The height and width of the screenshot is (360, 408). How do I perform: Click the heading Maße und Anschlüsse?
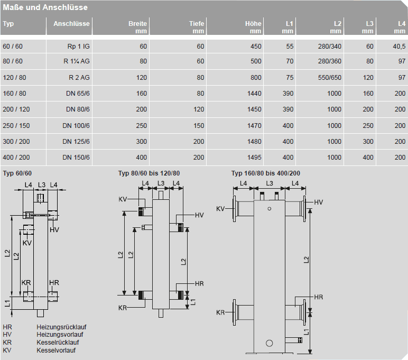coord(45,8)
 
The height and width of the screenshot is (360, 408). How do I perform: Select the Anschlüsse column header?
coord(71,24)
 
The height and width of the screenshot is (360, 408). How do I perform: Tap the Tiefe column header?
coord(197,24)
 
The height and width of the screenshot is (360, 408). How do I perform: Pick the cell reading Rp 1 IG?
coord(78,47)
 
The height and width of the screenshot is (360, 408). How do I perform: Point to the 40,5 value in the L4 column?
coord(399,47)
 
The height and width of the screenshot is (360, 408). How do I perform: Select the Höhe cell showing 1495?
coord(253,157)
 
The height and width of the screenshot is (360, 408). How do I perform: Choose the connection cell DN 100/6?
coord(76,125)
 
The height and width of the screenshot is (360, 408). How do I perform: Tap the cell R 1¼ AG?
coord(76,61)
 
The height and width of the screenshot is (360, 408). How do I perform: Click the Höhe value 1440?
coord(253,94)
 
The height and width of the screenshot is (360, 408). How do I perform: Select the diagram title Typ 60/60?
coord(17,173)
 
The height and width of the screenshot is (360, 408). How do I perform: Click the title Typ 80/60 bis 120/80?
coord(149,173)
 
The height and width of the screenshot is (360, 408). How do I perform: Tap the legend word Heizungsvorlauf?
coord(60,334)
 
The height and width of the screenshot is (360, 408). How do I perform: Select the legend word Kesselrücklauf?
coord(58,342)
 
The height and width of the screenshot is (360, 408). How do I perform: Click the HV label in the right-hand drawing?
coord(318,202)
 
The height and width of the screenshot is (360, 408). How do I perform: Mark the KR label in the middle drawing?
coord(123,308)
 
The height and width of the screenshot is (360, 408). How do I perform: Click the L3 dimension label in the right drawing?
coord(270,183)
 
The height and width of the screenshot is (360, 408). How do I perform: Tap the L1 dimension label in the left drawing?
coord(7,303)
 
